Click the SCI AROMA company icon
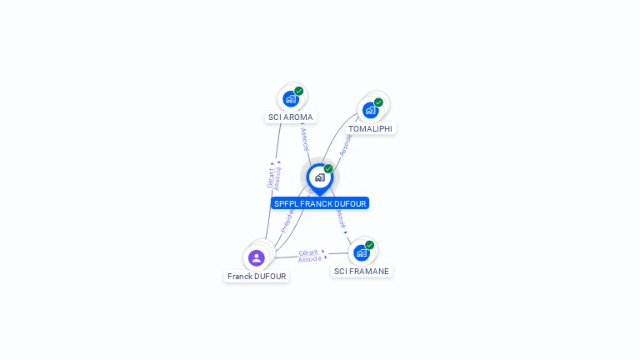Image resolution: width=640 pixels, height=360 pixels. coord(290,99)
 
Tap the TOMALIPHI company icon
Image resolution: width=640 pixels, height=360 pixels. coord(370,110)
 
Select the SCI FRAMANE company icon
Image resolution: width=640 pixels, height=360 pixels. coord(361,252)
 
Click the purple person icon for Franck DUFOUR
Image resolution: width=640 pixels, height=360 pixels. coord(256,257)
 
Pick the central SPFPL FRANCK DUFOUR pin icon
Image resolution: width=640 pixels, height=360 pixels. coord(319,177)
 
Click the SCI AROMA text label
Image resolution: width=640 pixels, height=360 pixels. coord(291,117)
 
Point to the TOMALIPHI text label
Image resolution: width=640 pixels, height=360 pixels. coord(370,129)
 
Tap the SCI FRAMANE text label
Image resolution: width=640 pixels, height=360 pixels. coord(362,272)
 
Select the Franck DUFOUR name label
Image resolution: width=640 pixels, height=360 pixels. coord(257,277)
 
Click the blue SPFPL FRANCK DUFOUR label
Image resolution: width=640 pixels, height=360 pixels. coord(320,203)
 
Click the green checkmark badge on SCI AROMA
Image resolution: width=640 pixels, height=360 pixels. coord(298,91)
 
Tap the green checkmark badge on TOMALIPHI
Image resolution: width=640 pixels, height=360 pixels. coord(378,102)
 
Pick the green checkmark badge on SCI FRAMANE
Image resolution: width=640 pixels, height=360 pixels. coord(369,245)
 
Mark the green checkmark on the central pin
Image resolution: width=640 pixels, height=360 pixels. coord(328,168)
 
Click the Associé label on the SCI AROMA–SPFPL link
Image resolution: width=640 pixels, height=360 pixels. coord(304,138)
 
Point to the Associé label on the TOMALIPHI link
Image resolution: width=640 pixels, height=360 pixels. coord(346,144)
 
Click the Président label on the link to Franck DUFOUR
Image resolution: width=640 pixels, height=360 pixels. coord(287,220)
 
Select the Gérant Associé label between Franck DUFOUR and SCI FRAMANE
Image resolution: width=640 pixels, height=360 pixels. coord(309,256)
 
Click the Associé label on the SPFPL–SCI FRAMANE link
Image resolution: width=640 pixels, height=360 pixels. coord(340,217)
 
